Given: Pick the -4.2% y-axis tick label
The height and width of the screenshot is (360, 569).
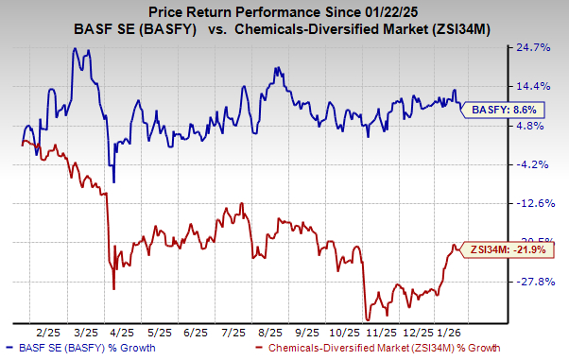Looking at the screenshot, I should click(x=545, y=164).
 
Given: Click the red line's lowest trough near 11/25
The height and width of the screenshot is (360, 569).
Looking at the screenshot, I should click(x=367, y=319).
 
